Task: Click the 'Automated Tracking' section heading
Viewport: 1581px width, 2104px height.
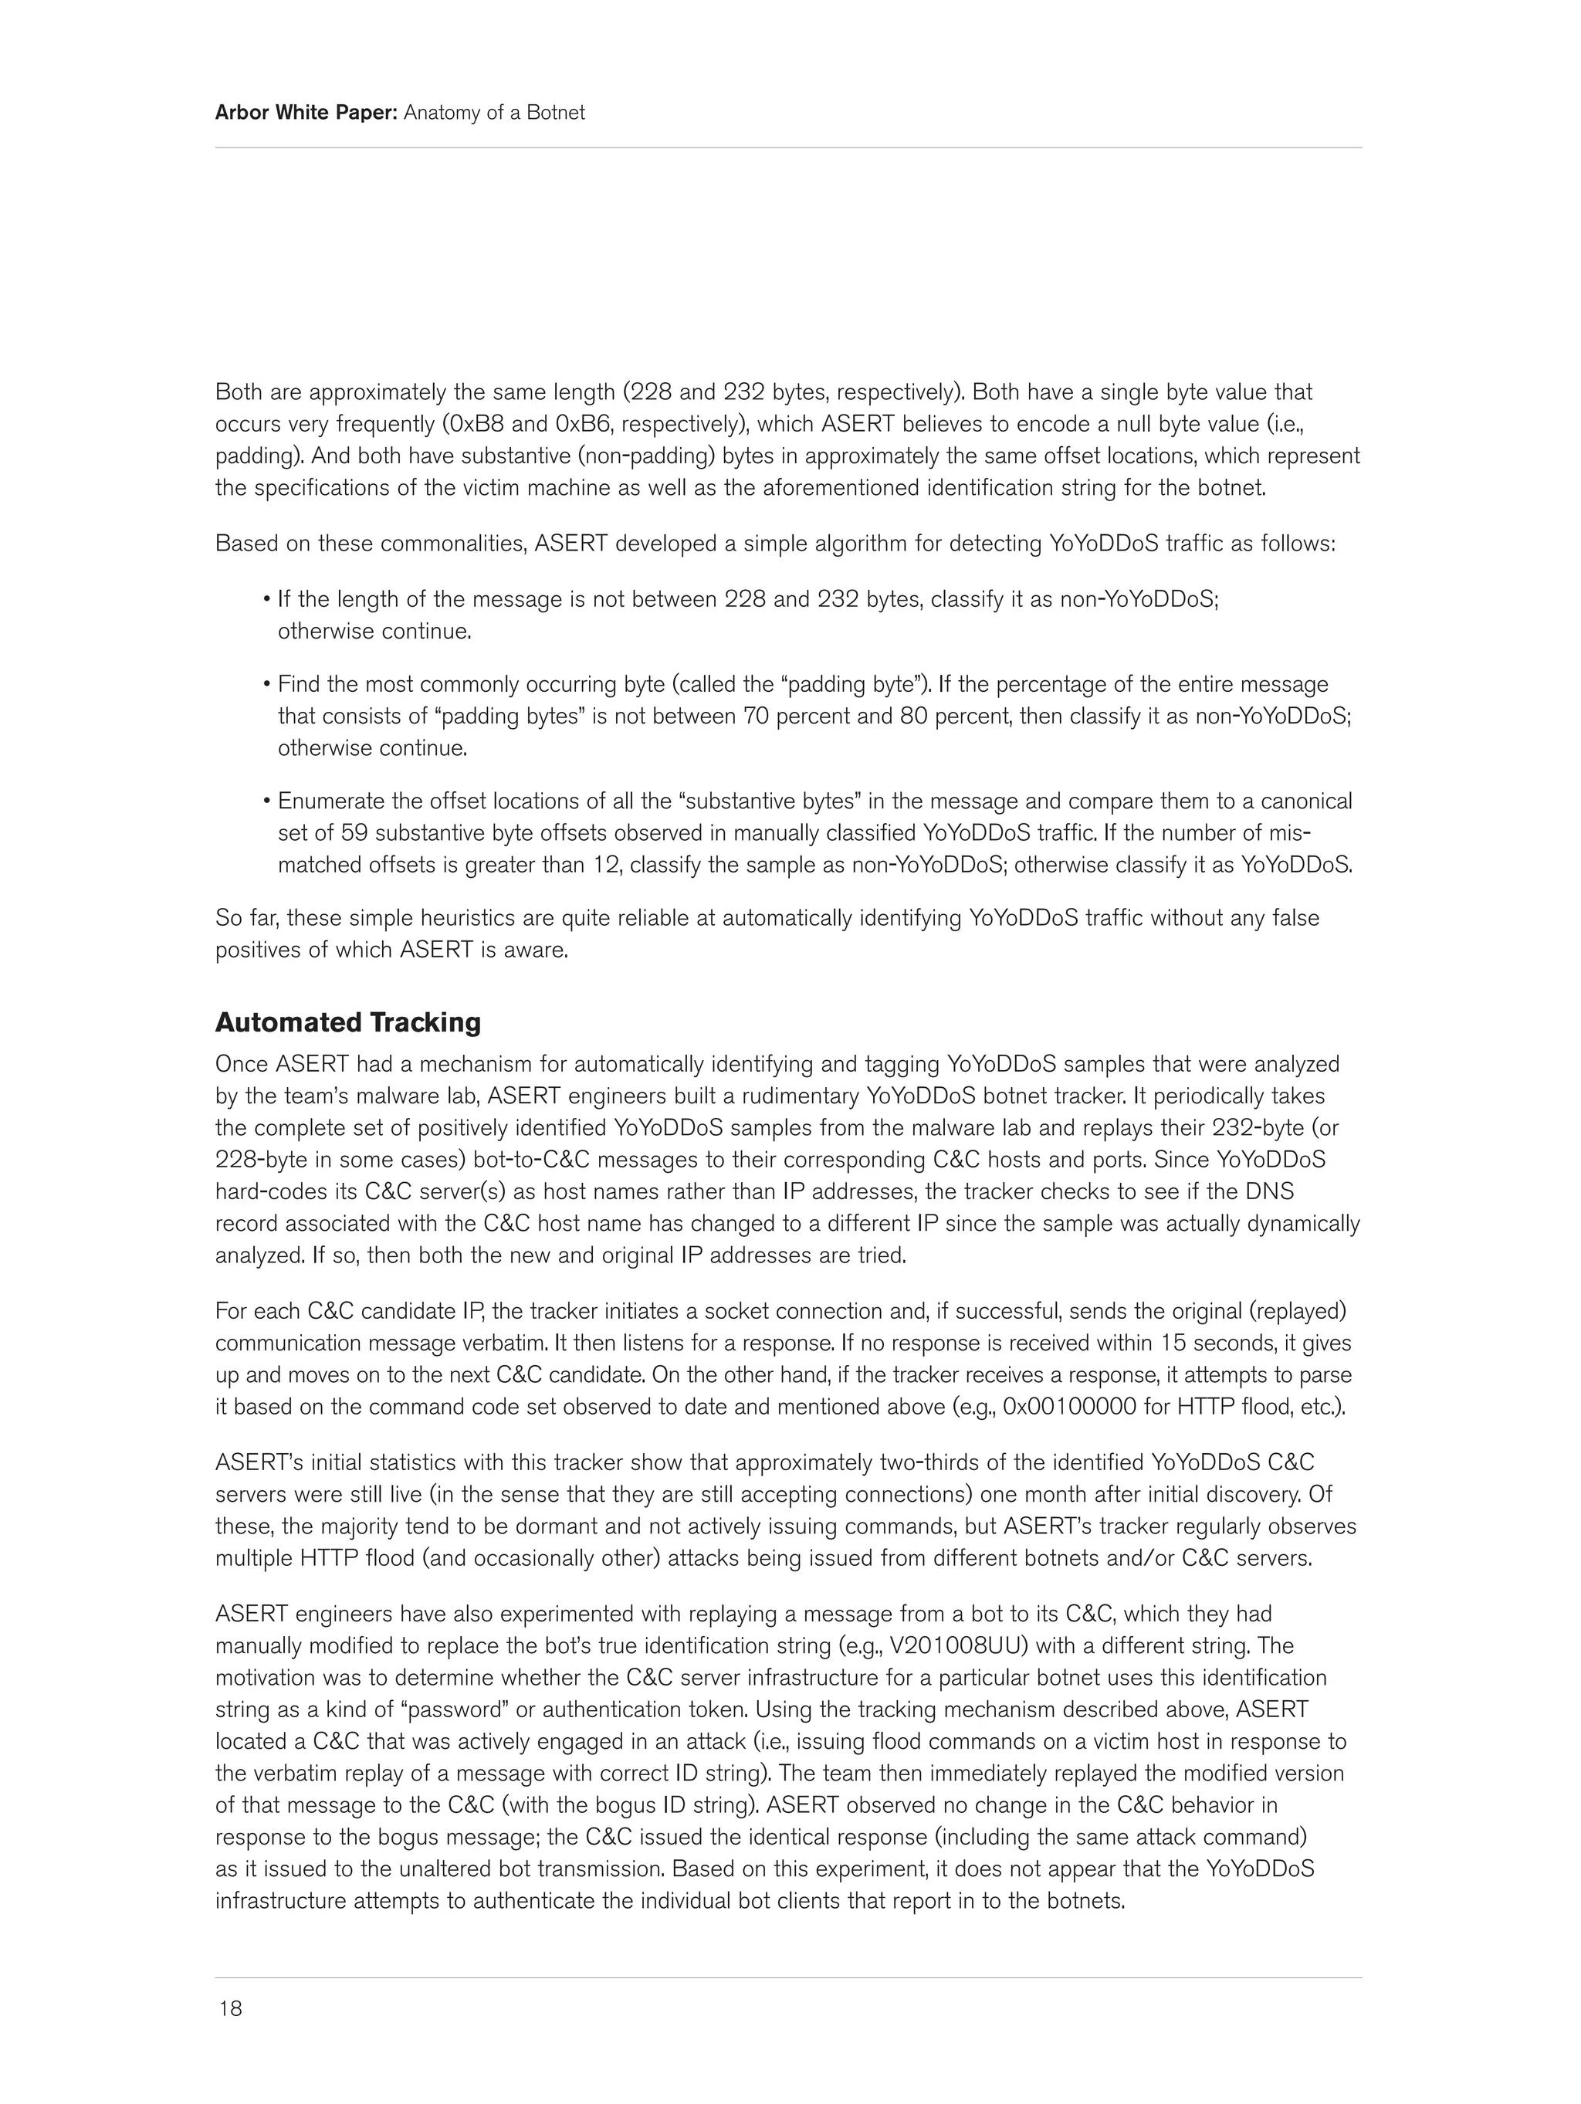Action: coord(347,1022)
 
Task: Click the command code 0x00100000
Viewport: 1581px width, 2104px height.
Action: coord(1070,1407)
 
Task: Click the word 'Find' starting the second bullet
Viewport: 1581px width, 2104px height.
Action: coord(298,684)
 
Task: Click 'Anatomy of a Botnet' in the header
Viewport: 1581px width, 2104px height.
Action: coord(494,114)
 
